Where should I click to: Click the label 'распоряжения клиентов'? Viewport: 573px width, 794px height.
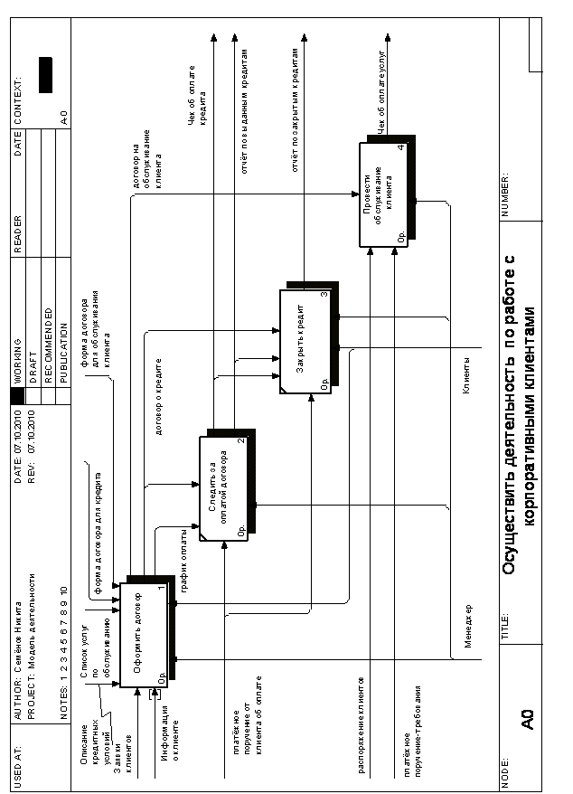[x=362, y=723]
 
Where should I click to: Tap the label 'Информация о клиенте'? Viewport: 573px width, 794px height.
[x=169, y=738]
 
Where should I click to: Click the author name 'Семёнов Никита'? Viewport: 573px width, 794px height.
[x=23, y=638]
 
